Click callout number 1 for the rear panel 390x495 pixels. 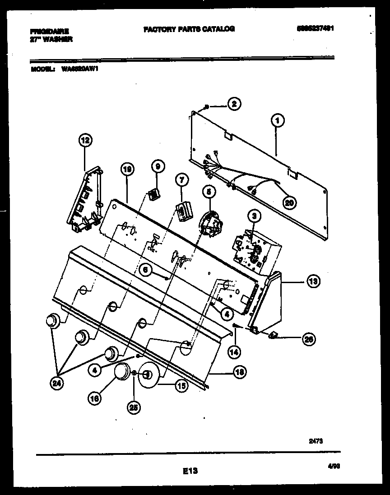pos(278,120)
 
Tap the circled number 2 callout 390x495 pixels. pos(233,104)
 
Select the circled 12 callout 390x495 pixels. pos(85,141)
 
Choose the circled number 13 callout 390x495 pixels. pos(312,282)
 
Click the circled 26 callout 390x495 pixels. pos(309,339)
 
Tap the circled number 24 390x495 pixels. pos(56,384)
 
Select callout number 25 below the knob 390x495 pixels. pos(134,407)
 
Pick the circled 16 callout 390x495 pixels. pos(95,399)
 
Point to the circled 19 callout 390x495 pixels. pos(127,169)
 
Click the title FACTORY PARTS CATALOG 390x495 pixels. pos(189,29)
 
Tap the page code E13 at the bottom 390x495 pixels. pos(190,472)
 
